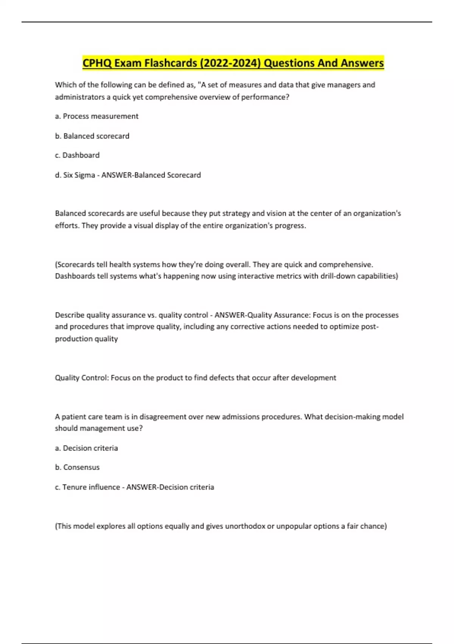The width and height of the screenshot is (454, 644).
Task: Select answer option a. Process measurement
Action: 96,116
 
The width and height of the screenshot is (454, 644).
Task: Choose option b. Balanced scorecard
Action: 92,136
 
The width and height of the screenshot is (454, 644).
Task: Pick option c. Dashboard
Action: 77,155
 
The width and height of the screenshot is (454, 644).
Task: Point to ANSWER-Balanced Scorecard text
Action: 151,175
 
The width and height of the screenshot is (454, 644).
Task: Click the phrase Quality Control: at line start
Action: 81,378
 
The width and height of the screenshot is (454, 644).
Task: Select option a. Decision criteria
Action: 86,448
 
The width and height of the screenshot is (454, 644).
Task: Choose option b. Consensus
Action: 77,467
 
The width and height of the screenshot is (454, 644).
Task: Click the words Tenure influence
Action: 91,487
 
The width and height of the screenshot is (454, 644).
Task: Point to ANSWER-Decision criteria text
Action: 170,487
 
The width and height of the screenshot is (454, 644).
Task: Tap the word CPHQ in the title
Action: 97,63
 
